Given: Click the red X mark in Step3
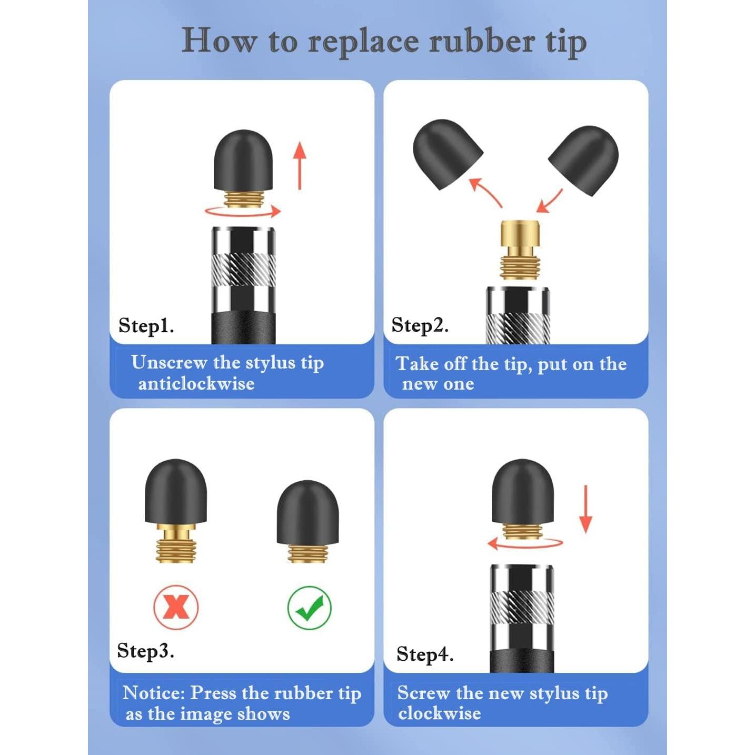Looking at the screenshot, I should click(x=176, y=607).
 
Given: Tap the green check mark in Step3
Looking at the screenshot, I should click(x=310, y=608).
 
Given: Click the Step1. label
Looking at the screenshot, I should click(x=146, y=325).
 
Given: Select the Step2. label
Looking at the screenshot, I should click(x=420, y=325).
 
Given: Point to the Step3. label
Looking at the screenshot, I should click(x=145, y=651).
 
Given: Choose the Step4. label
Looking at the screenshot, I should click(x=424, y=654).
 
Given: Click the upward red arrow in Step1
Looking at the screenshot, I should click(x=300, y=165).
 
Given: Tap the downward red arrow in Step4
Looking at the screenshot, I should click(x=585, y=509).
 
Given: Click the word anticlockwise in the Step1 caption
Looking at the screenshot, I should click(x=196, y=384).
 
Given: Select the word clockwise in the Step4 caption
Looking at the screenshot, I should click(x=439, y=713).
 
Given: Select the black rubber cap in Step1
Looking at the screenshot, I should click(x=243, y=160).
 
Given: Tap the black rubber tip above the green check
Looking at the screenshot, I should click(x=308, y=513).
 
